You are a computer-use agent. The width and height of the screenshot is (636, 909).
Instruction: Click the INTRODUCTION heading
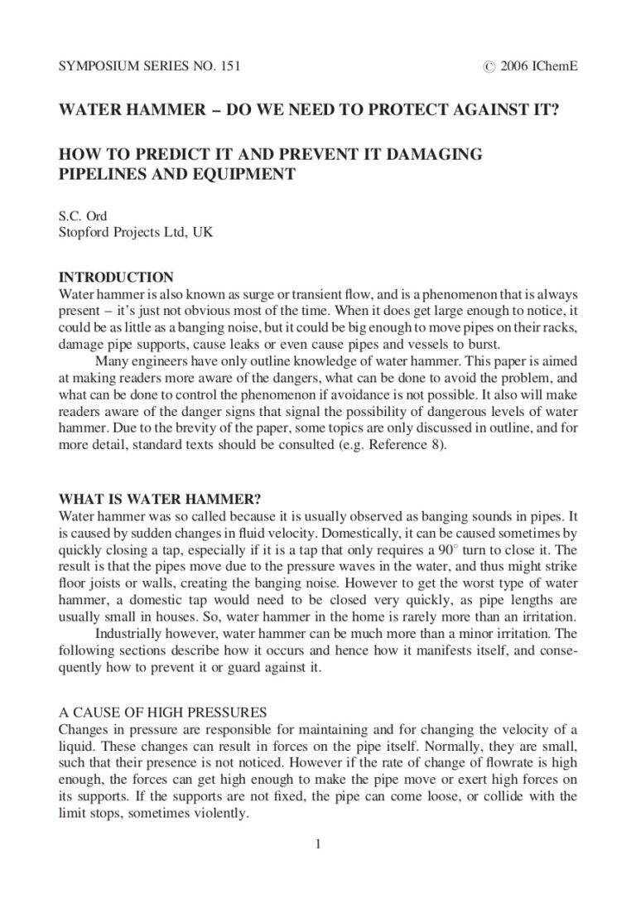pos(116,278)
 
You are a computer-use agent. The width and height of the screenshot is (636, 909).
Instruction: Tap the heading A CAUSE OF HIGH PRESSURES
pos(162,712)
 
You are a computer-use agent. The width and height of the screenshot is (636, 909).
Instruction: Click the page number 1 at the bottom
pos(318,844)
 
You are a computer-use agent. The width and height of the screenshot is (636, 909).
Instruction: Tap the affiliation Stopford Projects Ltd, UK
pos(136,233)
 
